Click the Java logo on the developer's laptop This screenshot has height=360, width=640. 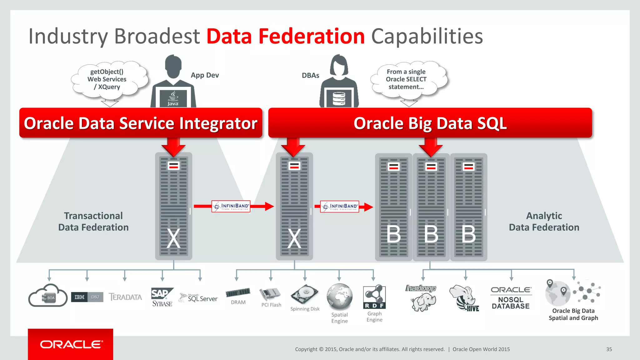click(173, 99)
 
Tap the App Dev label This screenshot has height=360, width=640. click(205, 75)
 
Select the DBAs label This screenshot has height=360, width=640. click(310, 76)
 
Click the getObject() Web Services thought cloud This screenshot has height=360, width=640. click(107, 79)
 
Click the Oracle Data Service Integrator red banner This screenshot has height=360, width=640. click(141, 123)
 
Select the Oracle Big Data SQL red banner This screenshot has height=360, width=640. click(430, 123)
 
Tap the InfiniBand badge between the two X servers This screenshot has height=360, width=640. click(231, 206)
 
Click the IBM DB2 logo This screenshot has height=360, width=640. click(87, 297)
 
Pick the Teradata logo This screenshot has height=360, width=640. click(125, 297)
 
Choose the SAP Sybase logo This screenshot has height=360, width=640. click(162, 297)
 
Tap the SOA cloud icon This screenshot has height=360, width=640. click(48, 296)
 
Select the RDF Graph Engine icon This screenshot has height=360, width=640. click(374, 297)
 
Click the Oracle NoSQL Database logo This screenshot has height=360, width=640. click(511, 298)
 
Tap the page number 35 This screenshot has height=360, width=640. click(609, 349)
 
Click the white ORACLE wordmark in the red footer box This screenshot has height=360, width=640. click(71, 344)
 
